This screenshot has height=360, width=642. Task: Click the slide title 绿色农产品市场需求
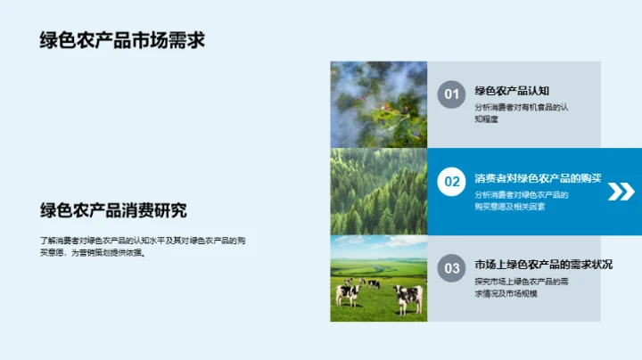coord(122,41)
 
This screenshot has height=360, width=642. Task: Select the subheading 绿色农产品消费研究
coord(113,211)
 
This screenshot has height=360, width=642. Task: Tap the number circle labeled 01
coord(451,94)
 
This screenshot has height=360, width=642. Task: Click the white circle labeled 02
coord(452,182)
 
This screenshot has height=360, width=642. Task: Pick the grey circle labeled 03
coord(452,268)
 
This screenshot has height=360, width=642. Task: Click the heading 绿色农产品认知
coord(512,91)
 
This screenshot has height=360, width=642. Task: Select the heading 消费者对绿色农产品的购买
coord(538,178)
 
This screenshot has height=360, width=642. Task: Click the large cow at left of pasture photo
coord(347,293)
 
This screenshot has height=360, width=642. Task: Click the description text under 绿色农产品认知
coord(521,113)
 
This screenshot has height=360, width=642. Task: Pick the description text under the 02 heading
coord(521,200)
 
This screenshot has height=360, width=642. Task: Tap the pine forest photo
coord(378,191)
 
